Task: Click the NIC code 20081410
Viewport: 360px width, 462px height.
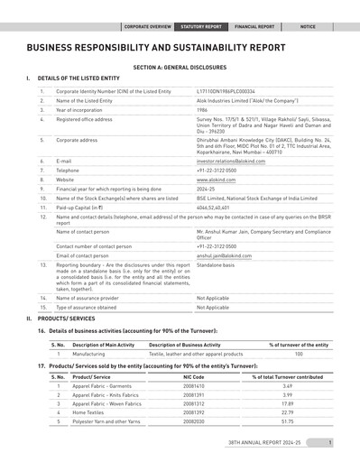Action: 193,385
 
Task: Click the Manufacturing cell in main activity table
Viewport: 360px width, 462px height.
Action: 89,354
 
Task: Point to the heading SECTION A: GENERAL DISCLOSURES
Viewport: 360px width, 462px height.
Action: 180,67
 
